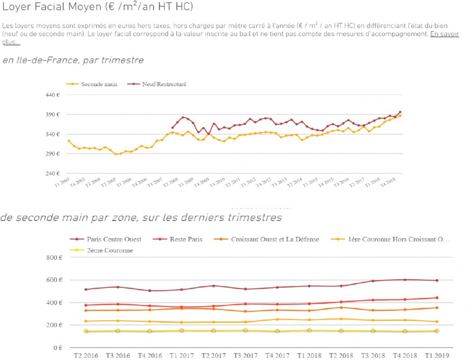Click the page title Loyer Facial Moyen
[x=97, y=8]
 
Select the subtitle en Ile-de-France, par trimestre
[x=73, y=60]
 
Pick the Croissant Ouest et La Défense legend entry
[x=274, y=239]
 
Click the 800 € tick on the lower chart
[x=54, y=257]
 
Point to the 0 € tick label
[x=57, y=348]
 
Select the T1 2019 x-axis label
[x=437, y=355]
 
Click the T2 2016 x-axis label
[x=86, y=355]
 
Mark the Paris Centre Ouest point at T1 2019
[x=437, y=280]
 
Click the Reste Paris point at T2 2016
[x=86, y=305]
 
